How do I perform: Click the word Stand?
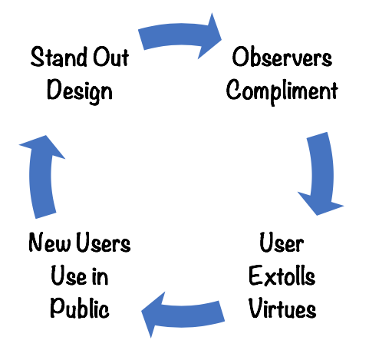[58, 57]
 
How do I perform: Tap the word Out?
[110, 57]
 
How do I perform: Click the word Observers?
[282, 57]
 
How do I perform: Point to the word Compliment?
[282, 91]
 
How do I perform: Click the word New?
[49, 242]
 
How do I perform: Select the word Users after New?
[104, 242]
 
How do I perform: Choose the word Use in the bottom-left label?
[69, 276]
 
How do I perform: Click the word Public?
[80, 308]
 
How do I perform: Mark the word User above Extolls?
[282, 242]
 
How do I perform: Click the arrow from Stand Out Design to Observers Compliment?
[176, 35]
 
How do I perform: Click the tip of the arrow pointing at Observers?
[222, 39]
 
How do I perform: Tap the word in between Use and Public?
[100, 276]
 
